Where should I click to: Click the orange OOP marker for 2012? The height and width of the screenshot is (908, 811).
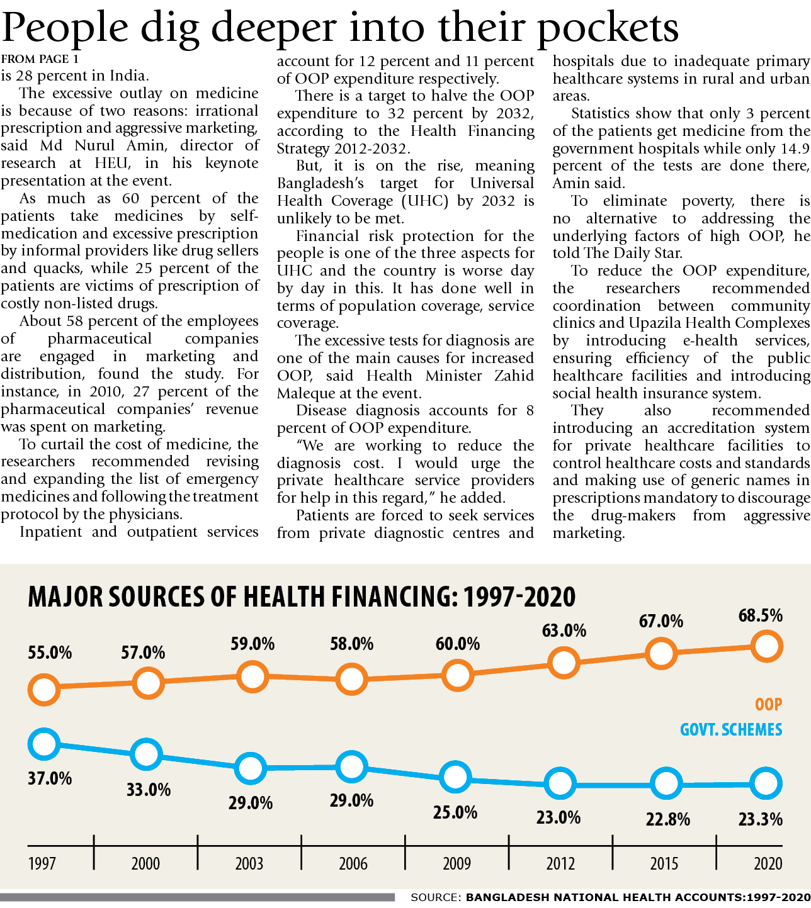(x=564, y=662)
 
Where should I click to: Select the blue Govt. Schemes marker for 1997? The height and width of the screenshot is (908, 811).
(x=44, y=744)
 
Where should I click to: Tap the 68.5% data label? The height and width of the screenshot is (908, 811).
(x=760, y=615)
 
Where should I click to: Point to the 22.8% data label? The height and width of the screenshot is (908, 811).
(x=667, y=819)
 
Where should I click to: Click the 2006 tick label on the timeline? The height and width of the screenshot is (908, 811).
(x=353, y=863)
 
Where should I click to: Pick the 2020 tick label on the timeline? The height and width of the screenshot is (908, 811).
(x=768, y=863)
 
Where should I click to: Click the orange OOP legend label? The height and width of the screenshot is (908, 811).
(x=768, y=704)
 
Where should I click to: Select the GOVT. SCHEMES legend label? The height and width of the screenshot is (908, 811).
(x=730, y=730)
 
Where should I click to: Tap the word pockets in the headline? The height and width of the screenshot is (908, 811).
(x=608, y=28)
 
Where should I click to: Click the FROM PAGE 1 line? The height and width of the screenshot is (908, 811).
(x=40, y=59)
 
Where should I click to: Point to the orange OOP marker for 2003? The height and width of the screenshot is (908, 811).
(x=252, y=677)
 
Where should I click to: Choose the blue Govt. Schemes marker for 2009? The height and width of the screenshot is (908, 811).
(x=455, y=777)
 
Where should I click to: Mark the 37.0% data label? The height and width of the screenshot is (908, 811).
(x=50, y=778)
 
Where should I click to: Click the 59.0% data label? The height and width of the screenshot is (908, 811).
(x=252, y=644)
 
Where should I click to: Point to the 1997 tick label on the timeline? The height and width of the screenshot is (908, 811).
(x=42, y=863)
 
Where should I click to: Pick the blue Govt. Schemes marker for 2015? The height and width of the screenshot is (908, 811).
(x=666, y=784)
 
